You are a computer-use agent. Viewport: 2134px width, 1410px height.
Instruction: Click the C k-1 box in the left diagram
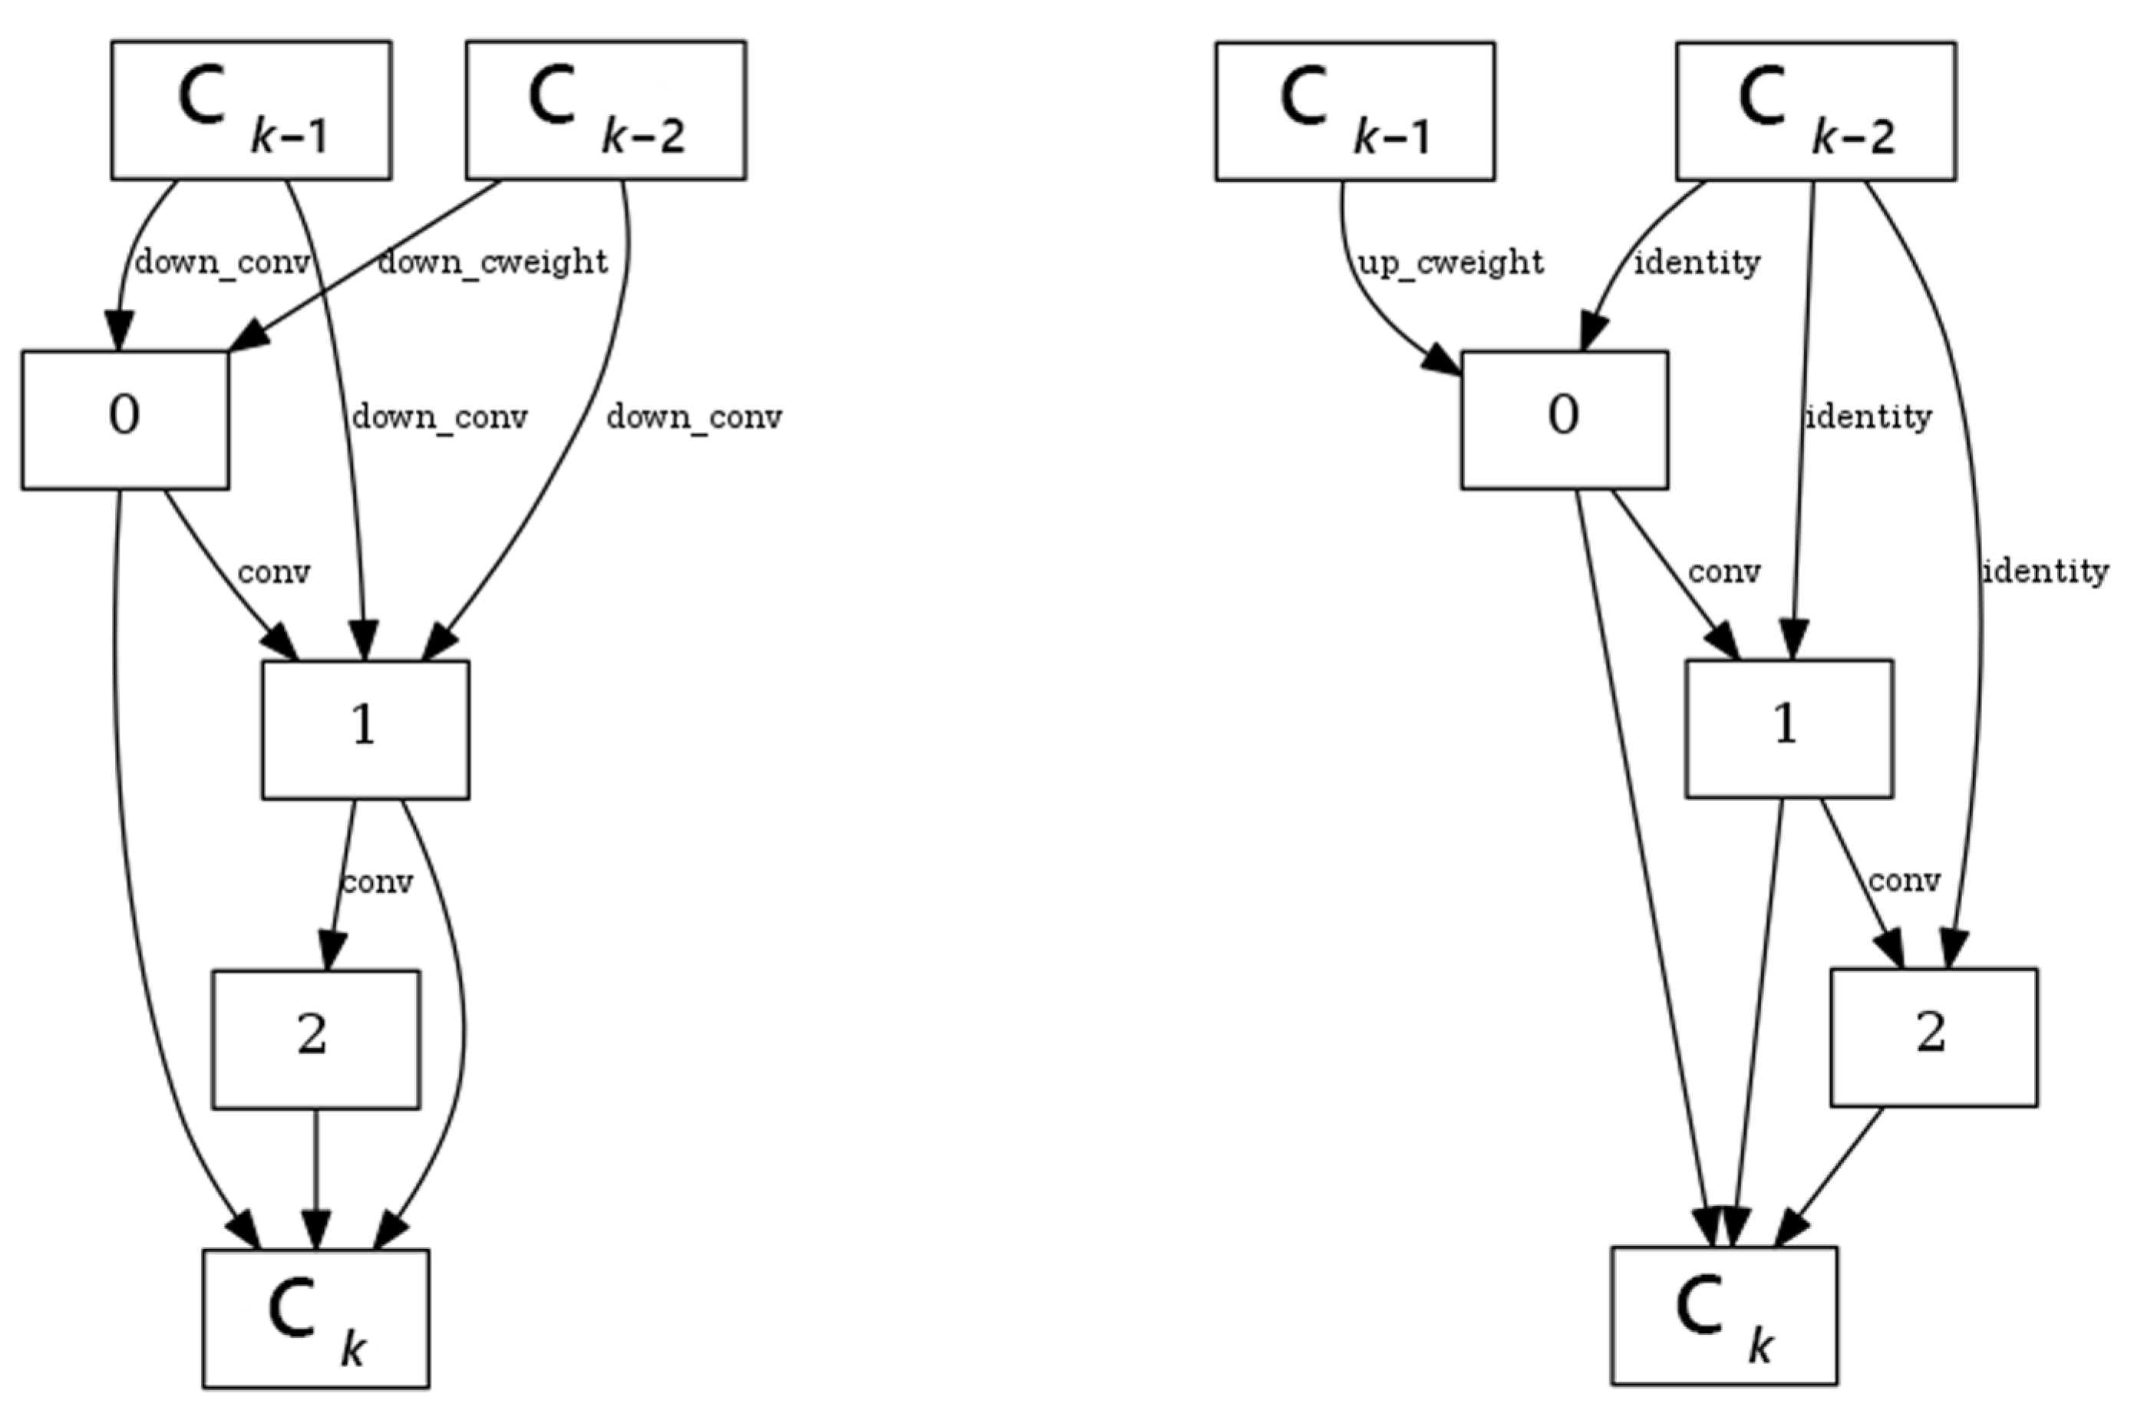(251, 110)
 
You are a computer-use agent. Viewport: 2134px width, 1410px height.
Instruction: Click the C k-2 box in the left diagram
(605, 110)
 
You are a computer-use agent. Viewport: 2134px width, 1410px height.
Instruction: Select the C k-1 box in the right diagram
(1354, 110)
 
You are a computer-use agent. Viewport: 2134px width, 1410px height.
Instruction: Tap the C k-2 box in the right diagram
(1815, 110)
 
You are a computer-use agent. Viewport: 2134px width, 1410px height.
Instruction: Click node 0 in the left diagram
(125, 420)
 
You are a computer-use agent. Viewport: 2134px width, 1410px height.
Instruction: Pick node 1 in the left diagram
(365, 730)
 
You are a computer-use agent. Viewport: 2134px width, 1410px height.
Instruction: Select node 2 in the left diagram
(315, 1039)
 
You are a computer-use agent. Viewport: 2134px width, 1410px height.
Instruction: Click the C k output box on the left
(315, 1318)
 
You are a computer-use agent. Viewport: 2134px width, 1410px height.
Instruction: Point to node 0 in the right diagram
(1564, 420)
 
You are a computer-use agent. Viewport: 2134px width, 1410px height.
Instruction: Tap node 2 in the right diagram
(1932, 1037)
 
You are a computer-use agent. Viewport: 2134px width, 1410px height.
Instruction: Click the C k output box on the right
(1724, 1316)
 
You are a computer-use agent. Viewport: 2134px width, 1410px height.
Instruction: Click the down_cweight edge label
(492, 262)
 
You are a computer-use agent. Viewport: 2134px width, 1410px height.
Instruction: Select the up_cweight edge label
(1450, 262)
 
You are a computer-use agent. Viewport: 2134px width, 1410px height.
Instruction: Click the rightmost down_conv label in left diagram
(694, 417)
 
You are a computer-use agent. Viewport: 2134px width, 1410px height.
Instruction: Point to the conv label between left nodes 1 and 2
(378, 882)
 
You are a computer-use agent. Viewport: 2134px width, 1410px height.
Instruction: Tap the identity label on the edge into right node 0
(1696, 262)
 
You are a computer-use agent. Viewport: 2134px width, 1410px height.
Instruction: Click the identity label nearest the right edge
(2044, 571)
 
